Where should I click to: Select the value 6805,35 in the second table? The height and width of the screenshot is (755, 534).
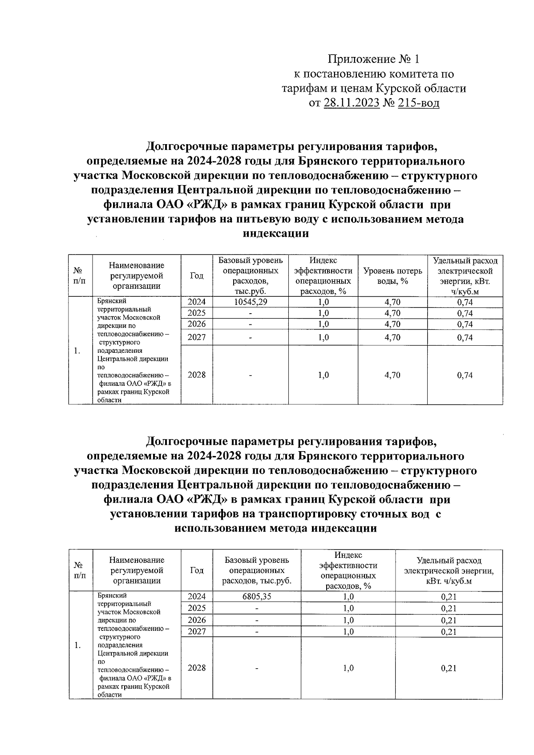(x=256, y=597)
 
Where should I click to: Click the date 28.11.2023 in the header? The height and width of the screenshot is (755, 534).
(x=352, y=104)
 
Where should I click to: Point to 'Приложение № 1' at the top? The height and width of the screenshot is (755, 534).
(x=374, y=59)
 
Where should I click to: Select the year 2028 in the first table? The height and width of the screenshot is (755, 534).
(x=197, y=375)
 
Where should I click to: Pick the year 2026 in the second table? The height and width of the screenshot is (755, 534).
(x=197, y=620)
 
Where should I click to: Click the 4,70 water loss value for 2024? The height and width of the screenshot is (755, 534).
(x=392, y=302)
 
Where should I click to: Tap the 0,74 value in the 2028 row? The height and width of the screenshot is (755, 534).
(x=465, y=375)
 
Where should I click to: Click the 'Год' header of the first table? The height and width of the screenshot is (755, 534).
(x=197, y=276)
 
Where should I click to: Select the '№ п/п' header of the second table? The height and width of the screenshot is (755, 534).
(x=80, y=570)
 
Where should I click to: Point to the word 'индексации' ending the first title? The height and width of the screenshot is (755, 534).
(x=276, y=234)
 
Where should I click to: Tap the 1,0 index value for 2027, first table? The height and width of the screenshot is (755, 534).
(x=324, y=338)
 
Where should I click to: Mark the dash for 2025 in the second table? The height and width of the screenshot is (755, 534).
(x=256, y=608)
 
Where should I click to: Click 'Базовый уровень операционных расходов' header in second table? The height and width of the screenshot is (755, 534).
(x=257, y=570)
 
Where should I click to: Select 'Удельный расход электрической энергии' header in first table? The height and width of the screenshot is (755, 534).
(x=465, y=276)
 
